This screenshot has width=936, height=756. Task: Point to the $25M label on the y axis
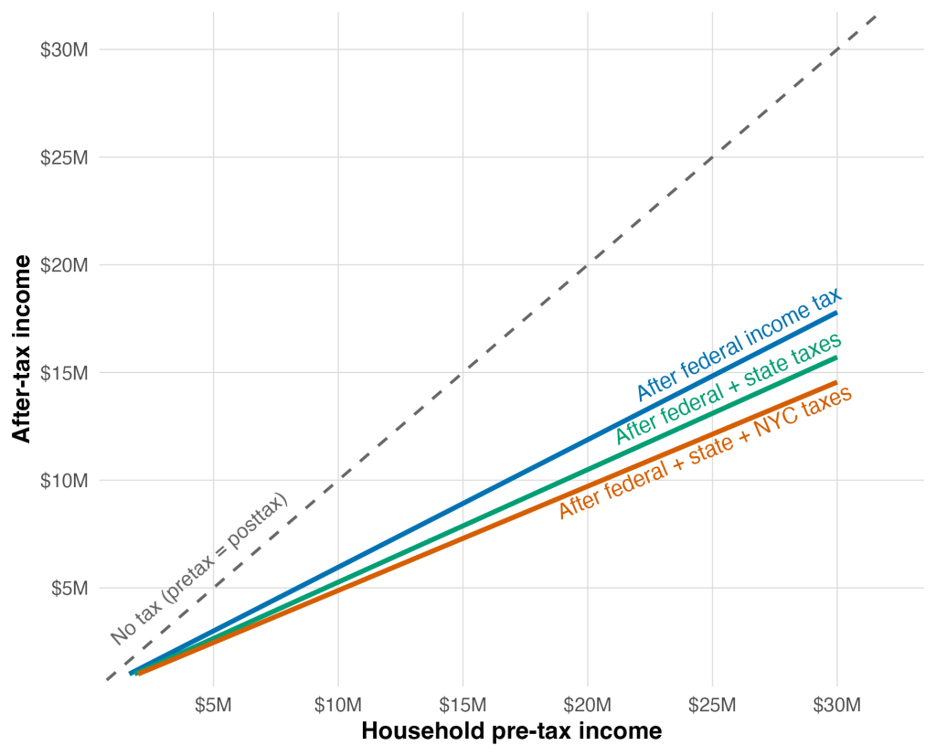(x=64, y=157)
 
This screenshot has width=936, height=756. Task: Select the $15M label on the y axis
(x=64, y=373)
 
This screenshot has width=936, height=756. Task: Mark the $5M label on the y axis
(x=69, y=588)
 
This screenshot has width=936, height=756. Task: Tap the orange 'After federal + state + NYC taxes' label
(x=705, y=453)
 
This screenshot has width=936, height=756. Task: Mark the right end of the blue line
(x=836, y=314)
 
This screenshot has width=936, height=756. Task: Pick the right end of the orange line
(x=836, y=381)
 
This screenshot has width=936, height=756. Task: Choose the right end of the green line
(x=836, y=357)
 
